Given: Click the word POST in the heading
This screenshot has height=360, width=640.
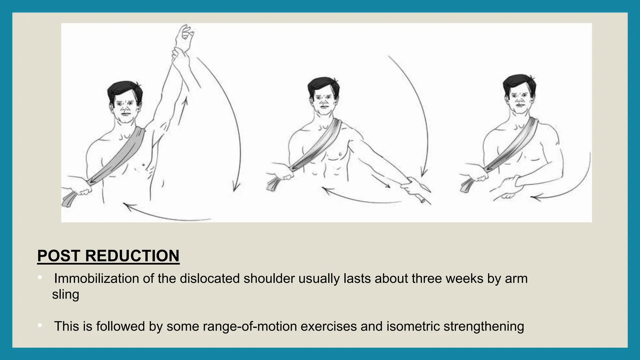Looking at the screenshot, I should pos(59,256).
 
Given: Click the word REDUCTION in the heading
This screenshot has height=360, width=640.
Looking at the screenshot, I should pos(132,256).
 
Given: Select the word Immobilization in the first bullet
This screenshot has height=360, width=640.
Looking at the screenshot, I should pos(96,278).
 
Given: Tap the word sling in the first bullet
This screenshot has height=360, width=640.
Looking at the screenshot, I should pos(66,294).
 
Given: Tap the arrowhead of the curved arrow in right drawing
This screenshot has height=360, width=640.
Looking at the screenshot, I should pos(534,197).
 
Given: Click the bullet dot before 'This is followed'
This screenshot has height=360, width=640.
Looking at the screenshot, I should pos(40,326).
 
